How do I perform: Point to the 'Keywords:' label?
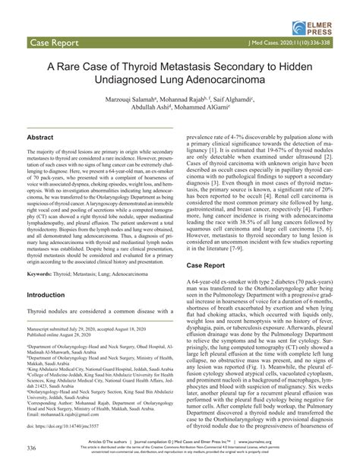[x=44, y=293]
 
